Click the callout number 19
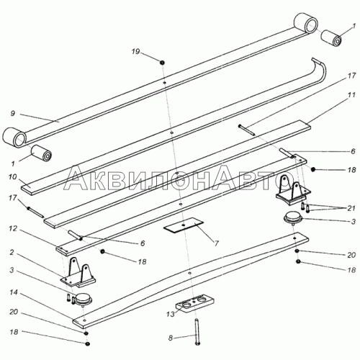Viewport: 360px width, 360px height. pyautogui.click(x=136, y=52)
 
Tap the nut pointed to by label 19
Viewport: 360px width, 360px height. pyautogui.click(x=162, y=63)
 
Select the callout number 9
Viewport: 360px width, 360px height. pyautogui.click(x=13, y=113)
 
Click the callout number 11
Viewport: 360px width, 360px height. pyautogui.click(x=351, y=95)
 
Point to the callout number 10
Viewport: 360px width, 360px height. pyautogui.click(x=12, y=177)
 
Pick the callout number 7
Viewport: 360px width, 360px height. pyautogui.click(x=216, y=244)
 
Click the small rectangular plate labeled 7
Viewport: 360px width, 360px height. pyautogui.click(x=184, y=225)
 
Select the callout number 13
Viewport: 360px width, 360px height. pyautogui.click(x=171, y=314)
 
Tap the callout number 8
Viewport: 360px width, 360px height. pyautogui.click(x=171, y=338)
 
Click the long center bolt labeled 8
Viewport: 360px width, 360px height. pyautogui.click(x=197, y=332)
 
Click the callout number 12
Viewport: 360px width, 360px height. pyautogui.click(x=14, y=228)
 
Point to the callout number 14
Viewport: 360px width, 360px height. pyautogui.click(x=14, y=292)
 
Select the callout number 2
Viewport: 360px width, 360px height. pyautogui.click(x=12, y=252)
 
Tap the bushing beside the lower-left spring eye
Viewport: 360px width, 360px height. pyautogui.click(x=41, y=153)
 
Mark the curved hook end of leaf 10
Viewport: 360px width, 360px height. pyautogui.click(x=319, y=68)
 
